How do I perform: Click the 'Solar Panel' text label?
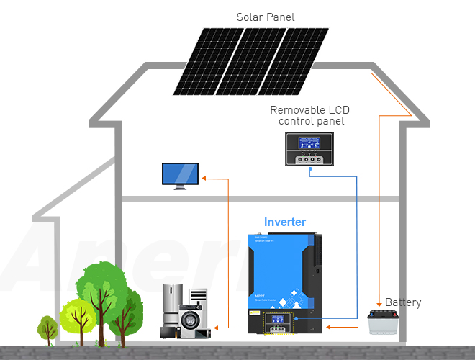pos(266,17)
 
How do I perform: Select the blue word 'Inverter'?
pos(284,222)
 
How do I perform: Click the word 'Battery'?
pos(403,302)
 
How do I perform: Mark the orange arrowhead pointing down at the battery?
pos(380,304)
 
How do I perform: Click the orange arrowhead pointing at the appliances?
pos(217,328)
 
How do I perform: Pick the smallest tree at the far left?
pos(47,328)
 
